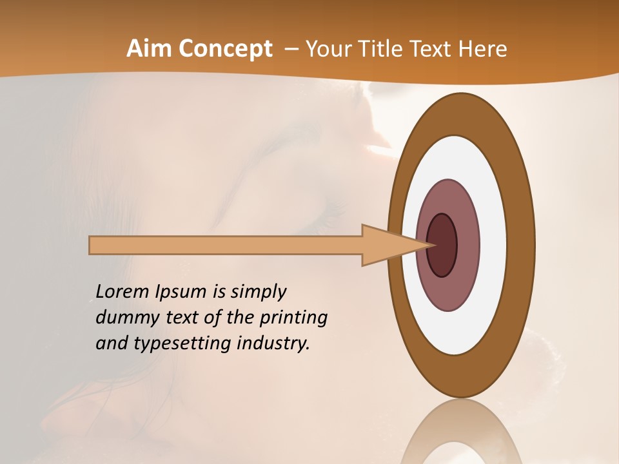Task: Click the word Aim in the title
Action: coord(149,49)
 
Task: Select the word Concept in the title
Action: coord(225,49)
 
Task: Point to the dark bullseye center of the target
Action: coord(442,245)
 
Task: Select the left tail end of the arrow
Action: coord(91,245)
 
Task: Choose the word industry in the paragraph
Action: coord(273,343)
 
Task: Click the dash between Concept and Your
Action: coord(290,49)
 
